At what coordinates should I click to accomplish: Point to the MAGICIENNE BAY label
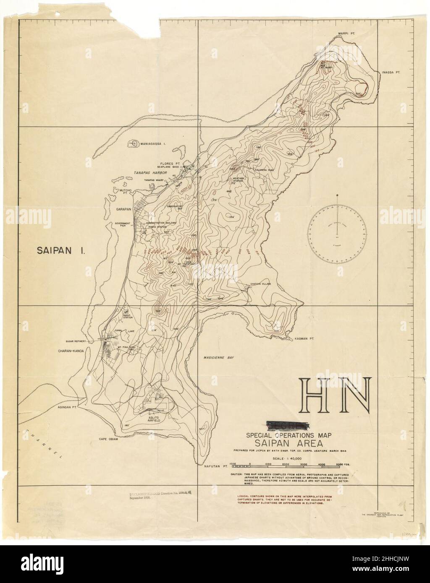(215, 357)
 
